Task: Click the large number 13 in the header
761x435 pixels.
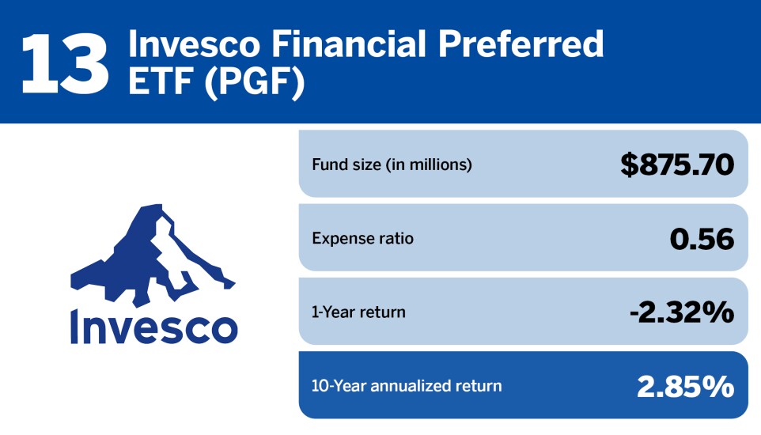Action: [64, 61]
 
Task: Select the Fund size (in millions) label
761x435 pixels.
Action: [392, 165]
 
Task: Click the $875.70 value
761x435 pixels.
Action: [677, 165]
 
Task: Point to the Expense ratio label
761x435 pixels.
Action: [362, 238]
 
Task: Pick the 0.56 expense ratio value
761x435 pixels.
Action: [702, 238]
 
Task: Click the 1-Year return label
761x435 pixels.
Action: [358, 312]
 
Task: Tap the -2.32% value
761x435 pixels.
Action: [681, 312]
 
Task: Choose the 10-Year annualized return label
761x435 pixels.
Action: [407, 386]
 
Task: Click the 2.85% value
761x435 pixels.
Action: [685, 386]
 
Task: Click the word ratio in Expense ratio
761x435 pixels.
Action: [396, 238]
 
